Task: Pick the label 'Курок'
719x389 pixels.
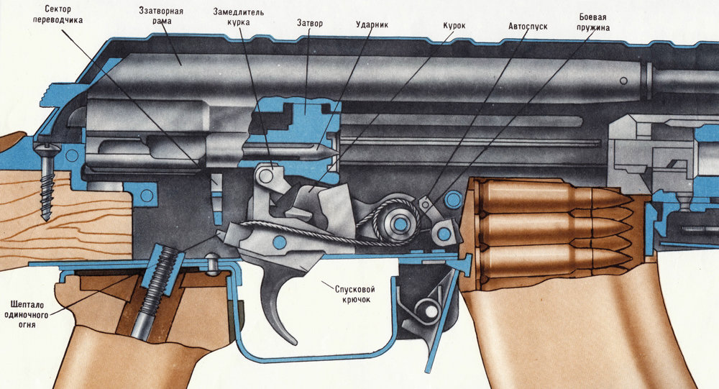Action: pos(454,26)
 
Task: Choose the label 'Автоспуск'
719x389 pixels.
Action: pos(527,24)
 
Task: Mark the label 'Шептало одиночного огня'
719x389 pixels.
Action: pos(29,314)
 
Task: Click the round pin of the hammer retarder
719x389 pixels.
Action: pos(267,174)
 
